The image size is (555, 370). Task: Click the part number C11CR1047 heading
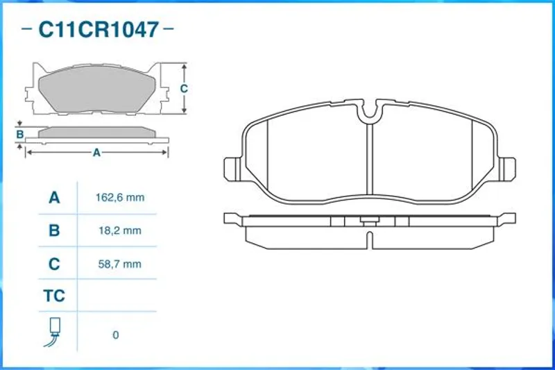99,29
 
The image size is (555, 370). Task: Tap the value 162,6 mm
120,197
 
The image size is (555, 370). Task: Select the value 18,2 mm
120,230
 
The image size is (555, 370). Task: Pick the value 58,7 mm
120,264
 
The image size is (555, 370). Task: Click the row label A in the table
54,197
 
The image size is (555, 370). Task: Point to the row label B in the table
54,230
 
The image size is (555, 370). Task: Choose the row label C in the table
54,264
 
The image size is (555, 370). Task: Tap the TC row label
54,296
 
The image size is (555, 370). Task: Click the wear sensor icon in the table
53,332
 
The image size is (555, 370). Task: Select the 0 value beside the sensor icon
116,335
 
